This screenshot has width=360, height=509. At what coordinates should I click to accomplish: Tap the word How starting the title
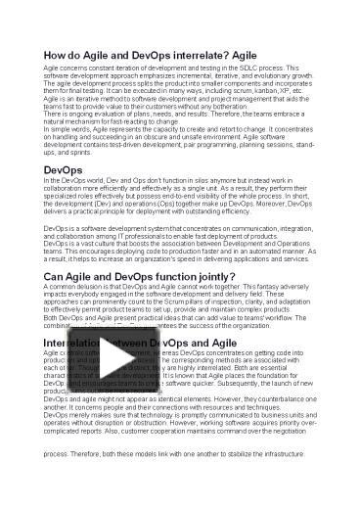pos(59,55)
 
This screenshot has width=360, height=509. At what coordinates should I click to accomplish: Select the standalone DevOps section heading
pos(64,170)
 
